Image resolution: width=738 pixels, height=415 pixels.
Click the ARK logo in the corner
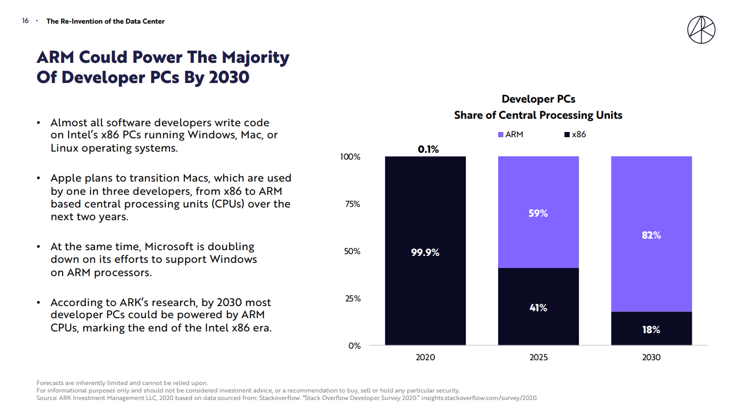pyautogui.click(x=701, y=29)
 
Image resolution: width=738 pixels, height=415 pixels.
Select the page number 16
pyautogui.click(x=25, y=21)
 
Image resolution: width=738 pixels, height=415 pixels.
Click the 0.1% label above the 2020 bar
pyautogui.click(x=428, y=149)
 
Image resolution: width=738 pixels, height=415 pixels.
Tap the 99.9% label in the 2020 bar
pyautogui.click(x=425, y=252)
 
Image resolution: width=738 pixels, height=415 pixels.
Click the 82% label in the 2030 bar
pyautogui.click(x=651, y=235)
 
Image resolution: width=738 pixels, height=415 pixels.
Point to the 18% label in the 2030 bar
pyautogui.click(x=651, y=330)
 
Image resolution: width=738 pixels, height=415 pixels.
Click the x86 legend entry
pyautogui.click(x=575, y=134)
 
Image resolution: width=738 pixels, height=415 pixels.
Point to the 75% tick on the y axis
pyautogui.click(x=352, y=204)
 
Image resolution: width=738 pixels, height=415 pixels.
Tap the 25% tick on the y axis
pyautogui.click(x=352, y=299)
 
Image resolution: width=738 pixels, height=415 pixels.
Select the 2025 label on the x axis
pyautogui.click(x=539, y=357)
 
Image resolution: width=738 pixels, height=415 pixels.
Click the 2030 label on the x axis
pyautogui.click(x=651, y=357)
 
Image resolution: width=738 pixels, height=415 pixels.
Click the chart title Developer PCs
pyautogui.click(x=539, y=99)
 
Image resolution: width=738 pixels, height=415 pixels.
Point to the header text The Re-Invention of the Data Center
pyautogui.click(x=106, y=21)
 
